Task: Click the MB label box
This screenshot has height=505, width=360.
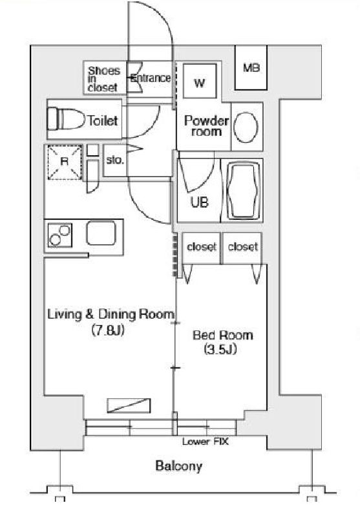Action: [x=251, y=68]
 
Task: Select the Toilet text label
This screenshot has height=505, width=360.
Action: [x=103, y=120]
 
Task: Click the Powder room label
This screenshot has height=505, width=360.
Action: [x=206, y=125]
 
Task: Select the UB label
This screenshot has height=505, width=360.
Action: [x=199, y=202]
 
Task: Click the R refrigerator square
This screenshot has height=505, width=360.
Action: [x=64, y=161]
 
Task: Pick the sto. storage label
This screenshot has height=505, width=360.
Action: [x=114, y=160]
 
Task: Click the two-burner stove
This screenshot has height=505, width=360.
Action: [x=59, y=235]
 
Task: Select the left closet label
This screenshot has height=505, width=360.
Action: [x=201, y=246]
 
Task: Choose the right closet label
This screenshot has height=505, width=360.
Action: [x=243, y=246]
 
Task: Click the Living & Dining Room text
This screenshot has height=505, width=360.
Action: [x=111, y=315]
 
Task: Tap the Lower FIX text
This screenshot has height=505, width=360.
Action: [x=205, y=443]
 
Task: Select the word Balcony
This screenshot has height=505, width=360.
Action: [x=178, y=466]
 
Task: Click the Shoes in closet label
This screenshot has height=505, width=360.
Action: [x=103, y=78]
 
